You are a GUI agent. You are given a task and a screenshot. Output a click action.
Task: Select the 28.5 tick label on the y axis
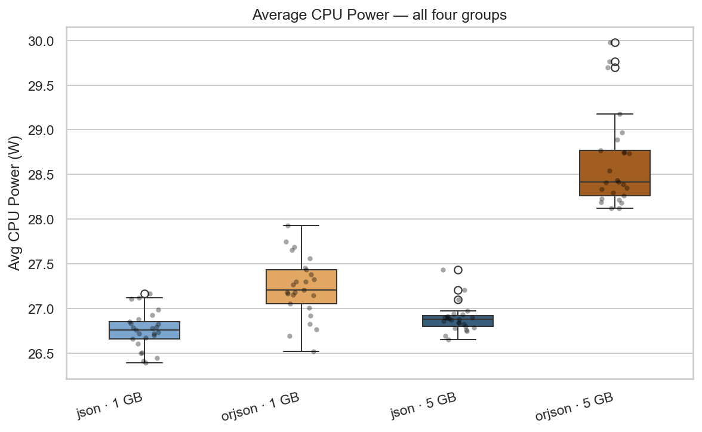coord(42,175)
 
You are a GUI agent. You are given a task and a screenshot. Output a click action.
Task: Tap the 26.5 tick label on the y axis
coord(42,354)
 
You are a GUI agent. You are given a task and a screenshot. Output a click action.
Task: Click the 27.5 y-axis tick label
coord(42,264)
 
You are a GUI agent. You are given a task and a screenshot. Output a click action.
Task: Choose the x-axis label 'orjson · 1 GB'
coord(260,407)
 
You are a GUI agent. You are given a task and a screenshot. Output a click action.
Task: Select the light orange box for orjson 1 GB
coord(301,287)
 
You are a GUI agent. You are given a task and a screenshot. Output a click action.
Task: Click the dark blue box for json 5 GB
coord(458,321)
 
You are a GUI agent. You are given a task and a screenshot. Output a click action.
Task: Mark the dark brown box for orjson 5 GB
coord(615,173)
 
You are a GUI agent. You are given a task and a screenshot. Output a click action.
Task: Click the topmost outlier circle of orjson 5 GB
coord(615,42)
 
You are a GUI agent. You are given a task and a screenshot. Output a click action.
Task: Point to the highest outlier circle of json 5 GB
coord(458,270)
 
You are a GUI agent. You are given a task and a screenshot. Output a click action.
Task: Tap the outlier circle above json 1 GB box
coord(144,294)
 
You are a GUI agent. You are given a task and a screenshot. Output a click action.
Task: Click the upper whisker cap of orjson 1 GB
coord(301,226)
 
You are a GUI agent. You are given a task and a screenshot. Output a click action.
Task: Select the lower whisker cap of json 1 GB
coord(144,363)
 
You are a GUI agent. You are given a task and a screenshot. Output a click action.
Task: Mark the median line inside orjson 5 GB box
coord(615,182)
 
